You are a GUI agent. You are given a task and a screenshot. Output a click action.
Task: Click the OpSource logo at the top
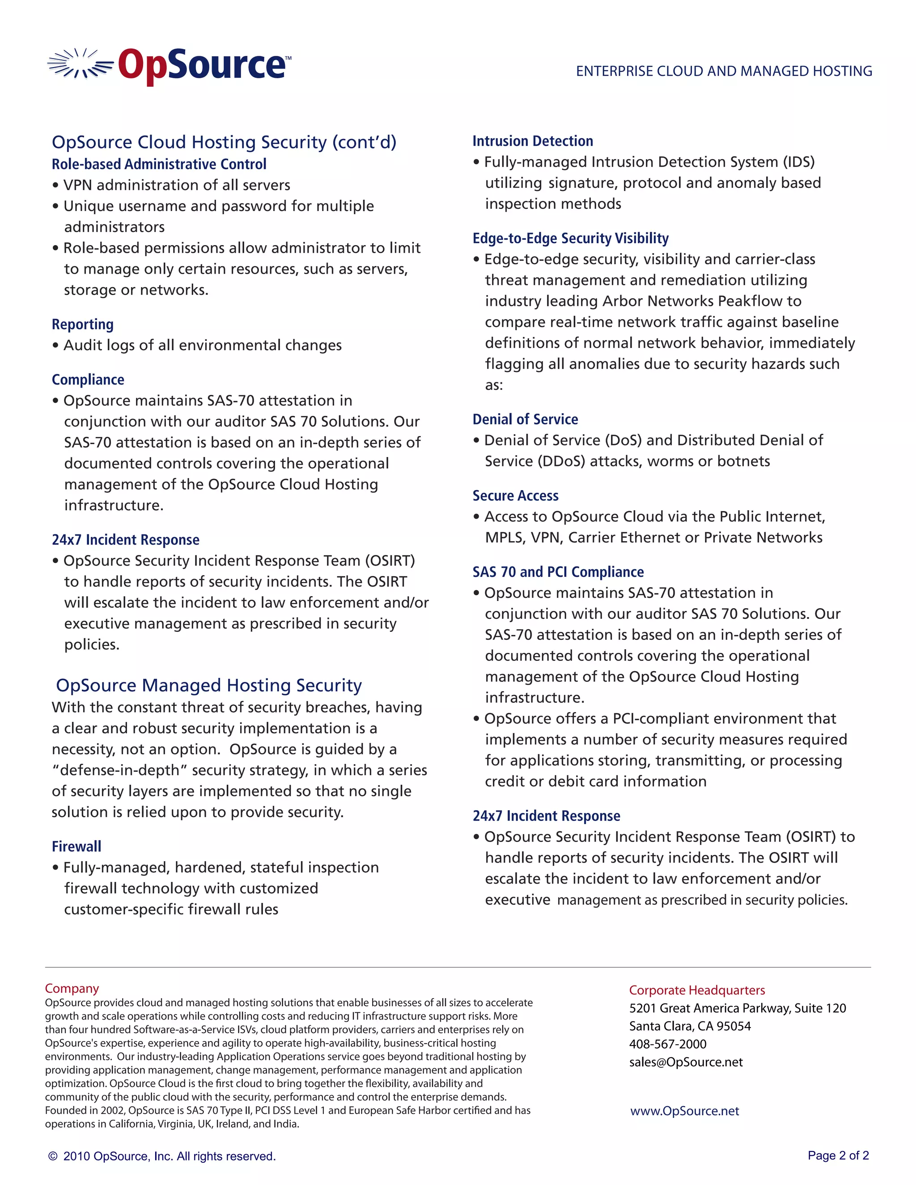pyautogui.click(x=170, y=66)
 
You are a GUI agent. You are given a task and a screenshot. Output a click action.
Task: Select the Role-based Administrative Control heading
pyautogui.click(x=159, y=164)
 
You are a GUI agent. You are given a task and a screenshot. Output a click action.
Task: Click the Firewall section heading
pyautogui.click(x=76, y=846)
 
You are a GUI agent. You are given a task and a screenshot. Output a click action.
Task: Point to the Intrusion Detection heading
pyautogui.click(x=532, y=141)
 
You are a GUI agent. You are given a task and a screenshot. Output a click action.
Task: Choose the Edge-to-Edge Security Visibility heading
pyautogui.click(x=570, y=238)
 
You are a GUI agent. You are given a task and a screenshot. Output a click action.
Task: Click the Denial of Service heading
pyautogui.click(x=525, y=419)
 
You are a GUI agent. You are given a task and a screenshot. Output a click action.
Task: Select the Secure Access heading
pyautogui.click(x=515, y=495)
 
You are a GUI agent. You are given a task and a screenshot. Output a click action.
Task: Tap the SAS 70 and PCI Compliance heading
pyautogui.click(x=558, y=572)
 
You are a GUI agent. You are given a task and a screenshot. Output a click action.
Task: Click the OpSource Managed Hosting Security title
pyautogui.click(x=209, y=685)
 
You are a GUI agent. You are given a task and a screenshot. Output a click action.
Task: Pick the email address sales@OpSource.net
pyautogui.click(x=685, y=1062)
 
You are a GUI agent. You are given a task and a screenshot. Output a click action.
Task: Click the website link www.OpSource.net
pyautogui.click(x=684, y=1111)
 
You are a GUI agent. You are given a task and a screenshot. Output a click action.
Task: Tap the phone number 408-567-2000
pyautogui.click(x=667, y=1044)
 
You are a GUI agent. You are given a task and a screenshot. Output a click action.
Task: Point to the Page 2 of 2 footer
pyautogui.click(x=838, y=1155)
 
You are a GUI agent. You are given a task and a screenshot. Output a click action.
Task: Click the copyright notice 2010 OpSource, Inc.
pyautogui.click(x=162, y=1156)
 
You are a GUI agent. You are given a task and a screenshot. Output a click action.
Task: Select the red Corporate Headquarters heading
pyautogui.click(x=697, y=990)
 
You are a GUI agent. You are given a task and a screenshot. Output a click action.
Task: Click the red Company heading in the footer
pyautogui.click(x=72, y=988)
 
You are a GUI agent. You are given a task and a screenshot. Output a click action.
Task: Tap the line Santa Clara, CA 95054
pyautogui.click(x=690, y=1026)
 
